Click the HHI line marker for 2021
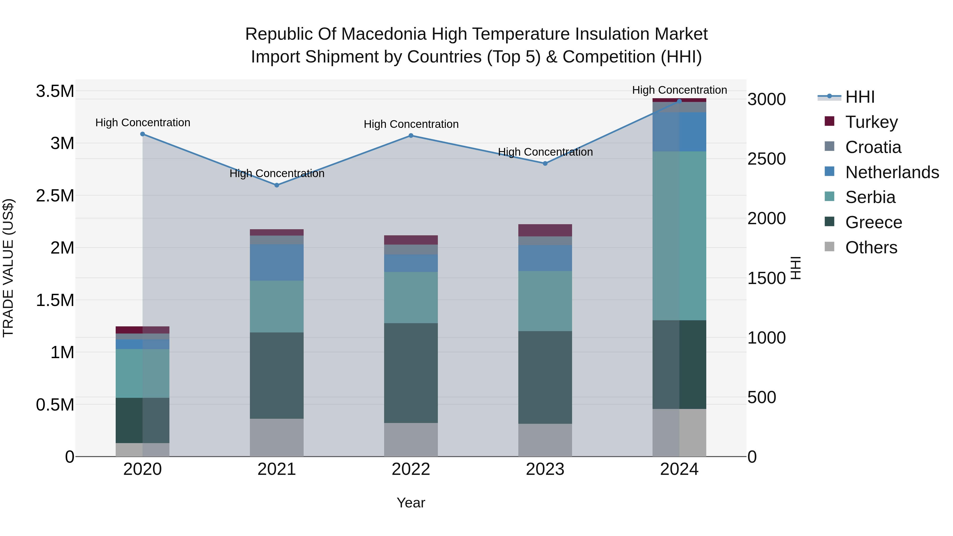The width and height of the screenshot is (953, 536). (277, 185)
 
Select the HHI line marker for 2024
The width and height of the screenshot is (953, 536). (679, 101)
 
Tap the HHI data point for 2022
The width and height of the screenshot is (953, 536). (411, 136)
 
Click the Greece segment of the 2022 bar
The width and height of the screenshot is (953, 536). (411, 373)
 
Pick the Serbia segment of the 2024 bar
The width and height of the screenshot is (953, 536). (679, 236)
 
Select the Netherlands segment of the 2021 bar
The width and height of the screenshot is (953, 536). (277, 262)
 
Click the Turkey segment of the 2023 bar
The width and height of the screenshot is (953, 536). (545, 230)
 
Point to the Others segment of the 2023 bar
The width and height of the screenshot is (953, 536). (545, 440)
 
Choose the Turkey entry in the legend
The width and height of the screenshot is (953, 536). (871, 122)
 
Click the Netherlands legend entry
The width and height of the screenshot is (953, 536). (892, 172)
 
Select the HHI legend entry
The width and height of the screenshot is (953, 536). (859, 97)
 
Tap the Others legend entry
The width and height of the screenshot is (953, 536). (871, 247)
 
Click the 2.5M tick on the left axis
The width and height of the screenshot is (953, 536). (55, 196)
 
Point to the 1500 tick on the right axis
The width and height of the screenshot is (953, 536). (767, 278)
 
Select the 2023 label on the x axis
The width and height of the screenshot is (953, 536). (545, 469)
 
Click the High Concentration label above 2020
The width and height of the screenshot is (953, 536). (143, 123)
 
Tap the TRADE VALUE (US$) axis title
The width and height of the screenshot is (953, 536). (8, 268)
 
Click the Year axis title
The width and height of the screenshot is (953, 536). (411, 503)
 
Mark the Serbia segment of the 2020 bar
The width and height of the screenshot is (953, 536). (142, 373)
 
